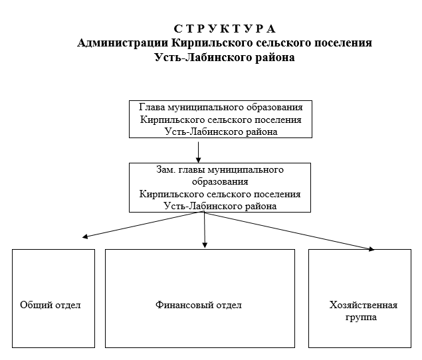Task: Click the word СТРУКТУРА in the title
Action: [225, 29]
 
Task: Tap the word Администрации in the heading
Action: [123, 43]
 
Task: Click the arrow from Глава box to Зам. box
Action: [198, 152]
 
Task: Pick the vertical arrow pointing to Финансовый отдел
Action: [205, 230]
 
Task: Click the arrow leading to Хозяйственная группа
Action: [289, 231]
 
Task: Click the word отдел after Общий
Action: [68, 306]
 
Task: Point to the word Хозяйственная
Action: [364, 305]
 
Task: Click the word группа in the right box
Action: [361, 317]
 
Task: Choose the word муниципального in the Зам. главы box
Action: [246, 170]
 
